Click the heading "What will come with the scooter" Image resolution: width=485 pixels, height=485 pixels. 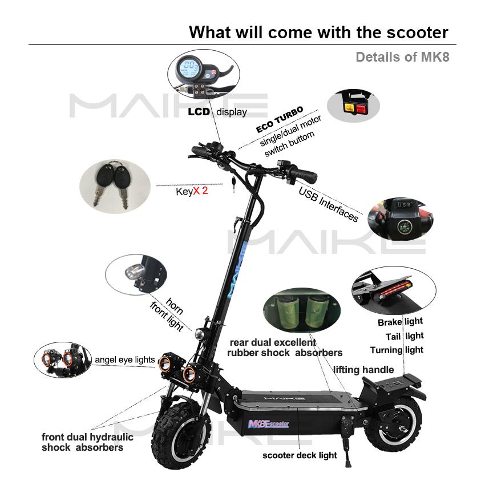click(318, 32)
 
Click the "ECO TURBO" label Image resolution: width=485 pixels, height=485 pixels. click(280, 119)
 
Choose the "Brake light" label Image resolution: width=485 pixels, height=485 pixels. click(400, 322)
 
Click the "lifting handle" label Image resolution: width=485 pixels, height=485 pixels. click(363, 370)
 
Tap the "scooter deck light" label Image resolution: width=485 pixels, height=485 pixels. click(300, 455)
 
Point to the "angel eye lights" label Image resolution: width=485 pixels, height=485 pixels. click(125, 359)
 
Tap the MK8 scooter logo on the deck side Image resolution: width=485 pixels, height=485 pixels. click(268, 423)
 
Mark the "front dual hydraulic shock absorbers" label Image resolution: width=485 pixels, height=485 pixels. click(87, 442)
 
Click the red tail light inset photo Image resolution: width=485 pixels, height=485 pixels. click(394, 289)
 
